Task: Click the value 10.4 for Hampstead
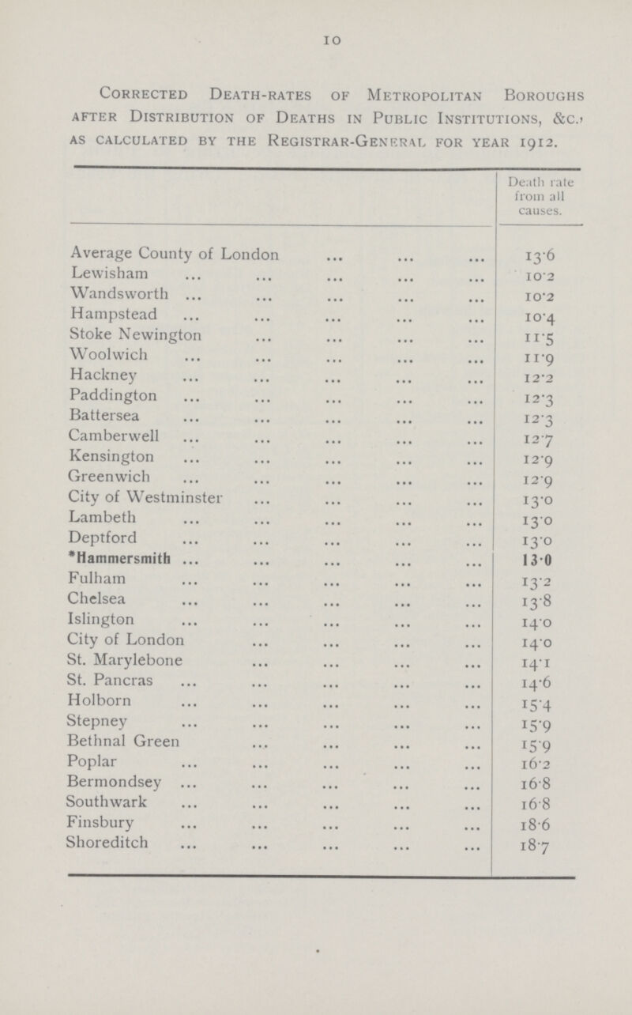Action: pyautogui.click(x=535, y=317)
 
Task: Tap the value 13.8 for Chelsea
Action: pyautogui.click(x=535, y=584)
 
